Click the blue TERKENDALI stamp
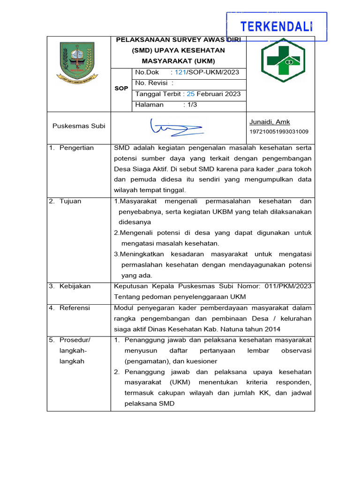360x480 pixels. [x=277, y=27]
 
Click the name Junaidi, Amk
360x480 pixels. [x=270, y=122]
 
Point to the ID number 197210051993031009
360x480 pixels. [x=279, y=132]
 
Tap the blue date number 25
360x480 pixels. [x=190, y=94]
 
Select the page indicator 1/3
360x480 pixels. [x=192, y=105]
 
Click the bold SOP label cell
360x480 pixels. [x=121, y=88]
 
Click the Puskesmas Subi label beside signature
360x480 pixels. [x=79, y=126]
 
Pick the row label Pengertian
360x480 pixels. [x=76, y=148]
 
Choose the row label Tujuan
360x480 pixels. [x=70, y=201]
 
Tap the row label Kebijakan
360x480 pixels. [x=75, y=286]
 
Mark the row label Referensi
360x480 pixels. [x=75, y=308]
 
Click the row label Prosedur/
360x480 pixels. [x=75, y=340]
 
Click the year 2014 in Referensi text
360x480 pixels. [x=272, y=329]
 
